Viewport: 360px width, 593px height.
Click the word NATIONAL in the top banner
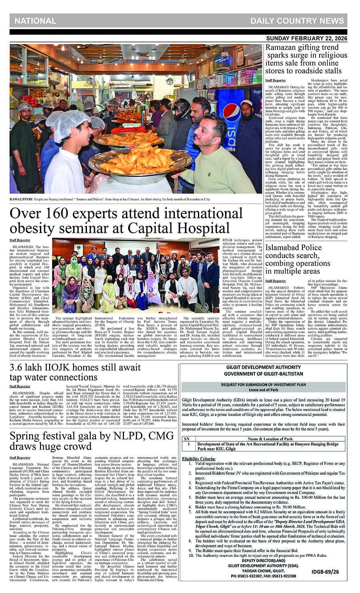[x=35, y=21]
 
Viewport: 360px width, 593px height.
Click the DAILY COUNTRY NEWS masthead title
[x=297, y=21]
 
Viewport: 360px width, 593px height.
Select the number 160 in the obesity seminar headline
[x=59, y=214]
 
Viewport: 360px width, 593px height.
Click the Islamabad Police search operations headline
[x=298, y=259]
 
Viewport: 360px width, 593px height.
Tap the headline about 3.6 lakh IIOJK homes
[x=75, y=372]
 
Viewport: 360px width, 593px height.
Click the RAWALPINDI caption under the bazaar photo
[x=110, y=199]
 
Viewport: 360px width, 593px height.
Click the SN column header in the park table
[x=187, y=439]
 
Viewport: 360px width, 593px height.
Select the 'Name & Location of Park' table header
[x=270, y=439]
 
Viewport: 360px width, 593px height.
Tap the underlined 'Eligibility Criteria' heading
[x=199, y=459]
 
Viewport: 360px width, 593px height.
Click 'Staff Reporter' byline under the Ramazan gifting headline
[x=276, y=80]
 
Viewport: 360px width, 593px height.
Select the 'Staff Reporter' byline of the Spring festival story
[x=20, y=457]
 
